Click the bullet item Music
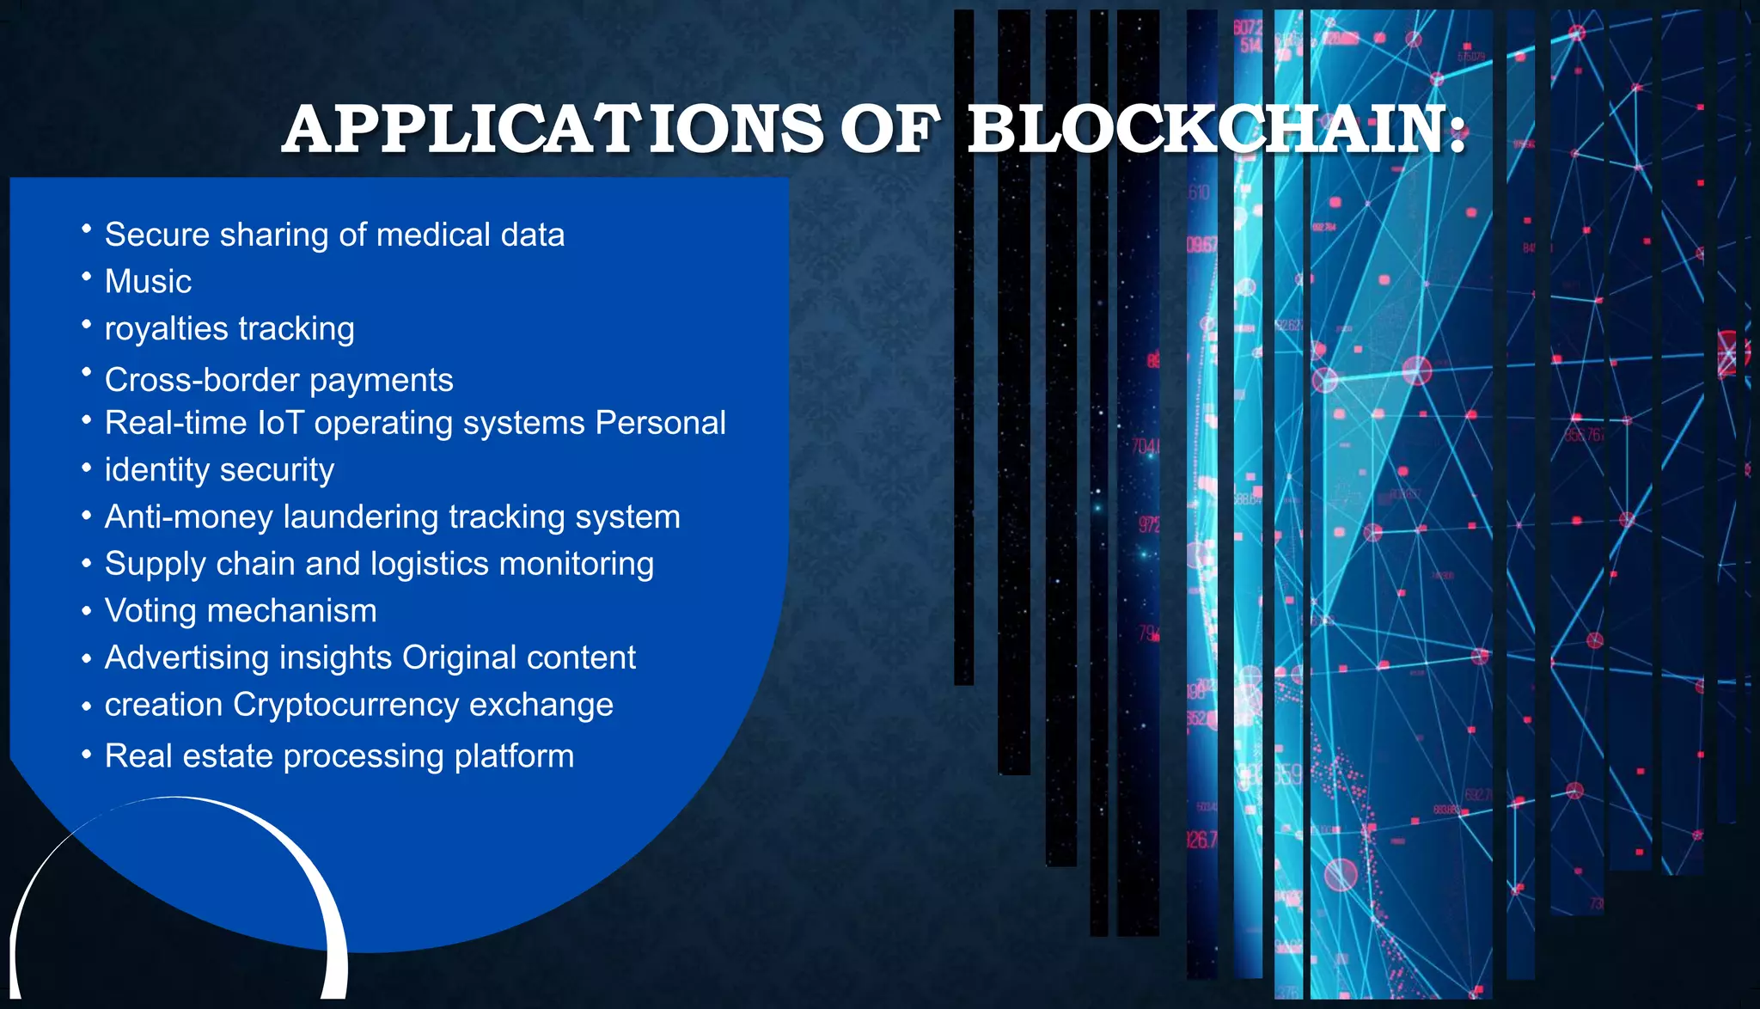tap(148, 282)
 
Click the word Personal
tap(660, 423)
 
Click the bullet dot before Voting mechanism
tap(86, 611)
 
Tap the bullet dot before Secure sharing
tap(86, 229)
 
